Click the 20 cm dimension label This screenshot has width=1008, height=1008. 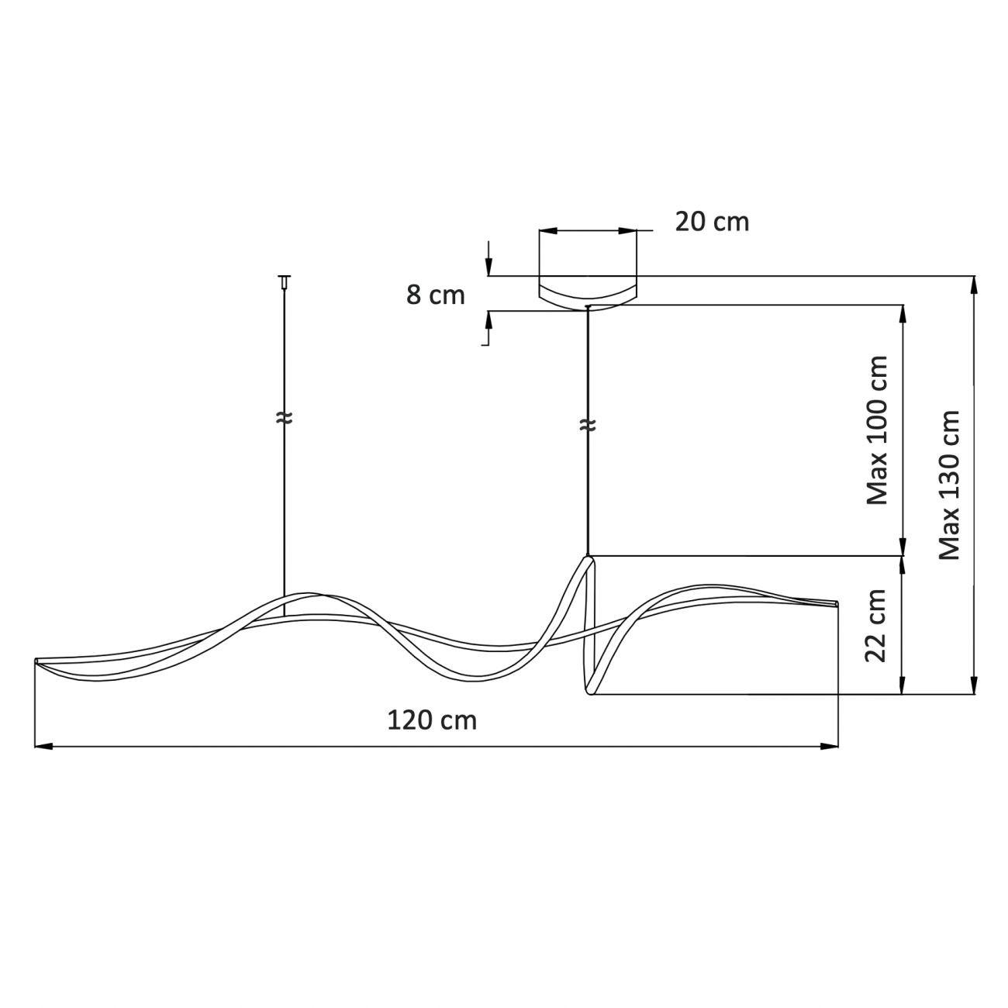(x=712, y=222)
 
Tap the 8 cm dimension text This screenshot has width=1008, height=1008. (x=435, y=295)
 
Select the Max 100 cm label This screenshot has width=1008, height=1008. (x=877, y=430)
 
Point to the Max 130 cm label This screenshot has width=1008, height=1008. (x=949, y=485)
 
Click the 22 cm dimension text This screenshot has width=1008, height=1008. (x=877, y=627)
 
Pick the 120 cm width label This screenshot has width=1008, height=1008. (x=432, y=721)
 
